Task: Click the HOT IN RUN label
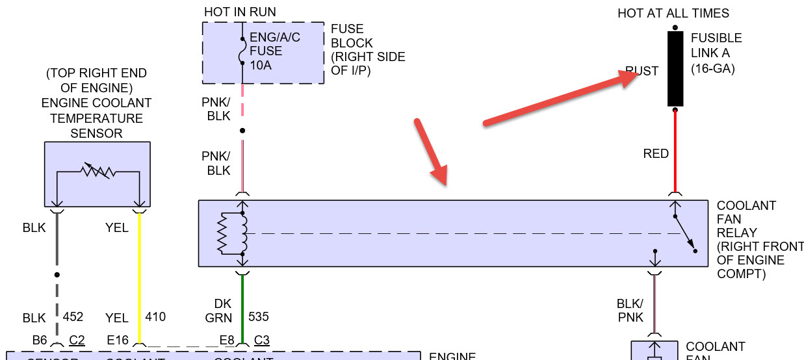click(240, 12)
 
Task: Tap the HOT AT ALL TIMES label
click(673, 13)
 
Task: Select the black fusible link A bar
click(675, 68)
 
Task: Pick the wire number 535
click(257, 317)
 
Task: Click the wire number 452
click(73, 317)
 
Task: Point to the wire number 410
click(155, 317)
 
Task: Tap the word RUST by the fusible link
click(642, 71)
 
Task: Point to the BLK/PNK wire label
click(630, 310)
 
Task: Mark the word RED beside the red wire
click(656, 154)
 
